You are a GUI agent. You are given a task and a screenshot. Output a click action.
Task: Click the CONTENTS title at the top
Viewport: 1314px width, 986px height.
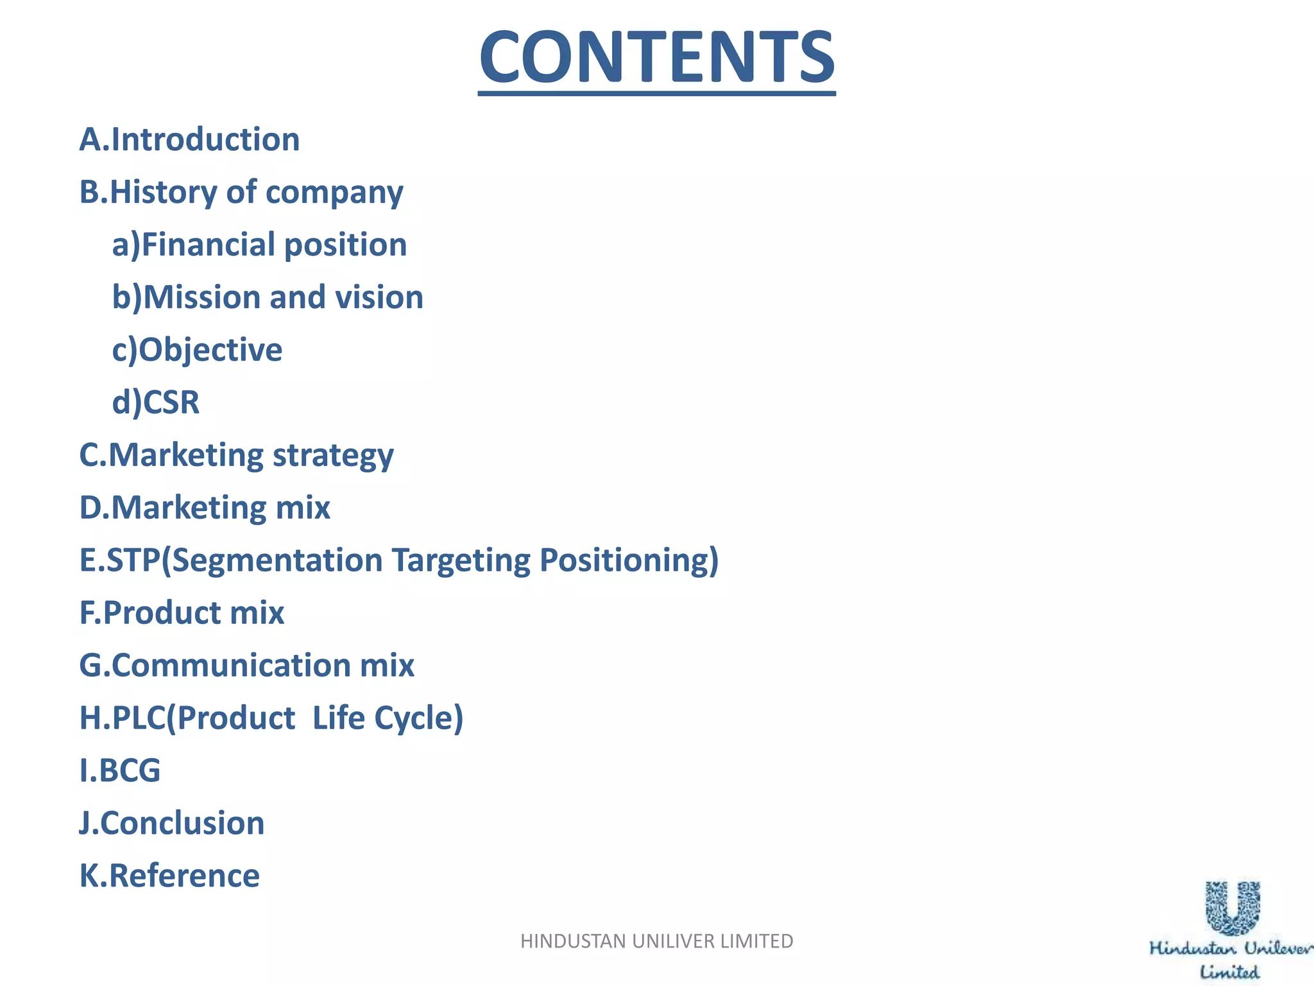tap(656, 58)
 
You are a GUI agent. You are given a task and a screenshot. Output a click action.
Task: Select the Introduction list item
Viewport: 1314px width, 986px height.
tap(189, 139)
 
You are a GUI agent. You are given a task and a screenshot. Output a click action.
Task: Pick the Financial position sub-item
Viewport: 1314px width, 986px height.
tap(260, 245)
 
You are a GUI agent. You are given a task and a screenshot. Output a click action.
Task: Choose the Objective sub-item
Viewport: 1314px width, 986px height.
tap(198, 350)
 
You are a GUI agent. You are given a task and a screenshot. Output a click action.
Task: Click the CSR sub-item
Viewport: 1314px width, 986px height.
tap(156, 402)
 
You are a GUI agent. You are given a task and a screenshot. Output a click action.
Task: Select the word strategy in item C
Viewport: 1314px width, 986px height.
tap(333, 456)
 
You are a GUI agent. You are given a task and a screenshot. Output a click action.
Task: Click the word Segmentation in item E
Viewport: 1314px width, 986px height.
tap(277, 560)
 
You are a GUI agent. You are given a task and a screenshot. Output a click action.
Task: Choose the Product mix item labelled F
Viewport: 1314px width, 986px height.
tap(182, 612)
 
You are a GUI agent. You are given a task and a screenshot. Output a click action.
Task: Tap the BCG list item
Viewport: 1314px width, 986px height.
tap(120, 770)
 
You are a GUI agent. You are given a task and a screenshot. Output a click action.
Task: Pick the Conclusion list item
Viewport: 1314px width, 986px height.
tap(172, 823)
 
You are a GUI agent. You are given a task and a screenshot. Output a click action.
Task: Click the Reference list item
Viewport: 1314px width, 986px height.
tap(170, 876)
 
